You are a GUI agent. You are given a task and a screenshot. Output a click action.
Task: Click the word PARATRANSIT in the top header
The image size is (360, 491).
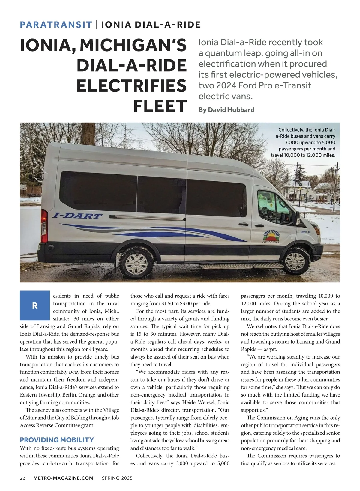pos(56,25)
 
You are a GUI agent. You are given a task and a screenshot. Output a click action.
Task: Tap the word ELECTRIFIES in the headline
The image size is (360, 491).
pos(132,86)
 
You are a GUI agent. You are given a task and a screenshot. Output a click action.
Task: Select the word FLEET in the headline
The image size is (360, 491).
pos(160,106)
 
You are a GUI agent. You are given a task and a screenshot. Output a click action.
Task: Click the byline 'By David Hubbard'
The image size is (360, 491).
pos(226,110)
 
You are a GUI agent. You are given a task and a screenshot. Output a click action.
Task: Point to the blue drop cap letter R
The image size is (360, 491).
pos(35,305)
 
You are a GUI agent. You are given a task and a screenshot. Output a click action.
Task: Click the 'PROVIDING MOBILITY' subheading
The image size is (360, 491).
pos(57,440)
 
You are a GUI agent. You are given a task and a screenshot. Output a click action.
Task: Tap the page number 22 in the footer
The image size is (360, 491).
pos(22,478)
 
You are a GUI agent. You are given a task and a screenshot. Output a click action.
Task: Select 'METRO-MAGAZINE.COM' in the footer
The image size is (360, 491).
pos(64,478)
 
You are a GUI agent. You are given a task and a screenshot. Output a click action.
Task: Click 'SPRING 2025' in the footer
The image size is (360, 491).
pos(117,478)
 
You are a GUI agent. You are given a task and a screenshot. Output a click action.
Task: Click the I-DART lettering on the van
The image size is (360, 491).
pos(77,216)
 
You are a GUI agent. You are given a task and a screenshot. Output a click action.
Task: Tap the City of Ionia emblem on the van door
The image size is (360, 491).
pos(271,237)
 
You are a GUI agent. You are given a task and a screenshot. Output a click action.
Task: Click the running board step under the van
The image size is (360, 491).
pos(241,266)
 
